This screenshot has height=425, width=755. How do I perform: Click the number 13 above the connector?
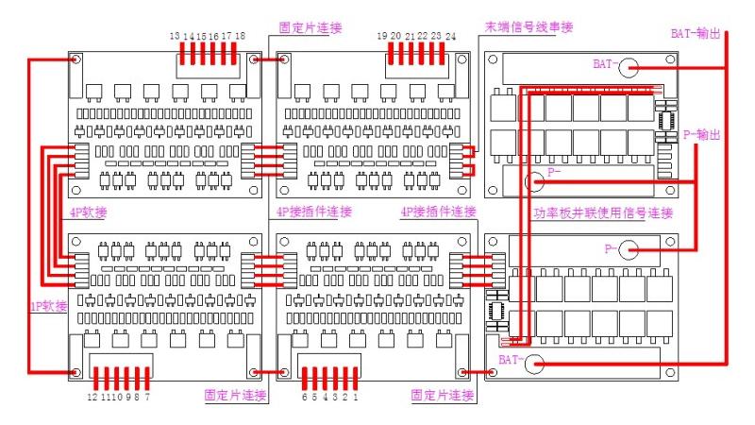(176, 35)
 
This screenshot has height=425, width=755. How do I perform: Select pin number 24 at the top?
(452, 35)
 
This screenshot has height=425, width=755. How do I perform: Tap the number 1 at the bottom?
(355, 398)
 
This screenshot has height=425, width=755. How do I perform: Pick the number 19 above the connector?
(382, 35)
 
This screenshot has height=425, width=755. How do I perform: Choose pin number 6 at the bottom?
(303, 398)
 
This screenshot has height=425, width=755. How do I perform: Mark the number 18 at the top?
(241, 35)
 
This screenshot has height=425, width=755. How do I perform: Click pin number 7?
(147, 398)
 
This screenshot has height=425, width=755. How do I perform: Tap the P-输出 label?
(702, 135)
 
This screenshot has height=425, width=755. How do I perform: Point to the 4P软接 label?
(88, 212)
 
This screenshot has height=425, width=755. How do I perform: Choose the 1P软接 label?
(47, 306)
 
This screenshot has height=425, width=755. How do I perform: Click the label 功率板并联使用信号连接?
(603, 213)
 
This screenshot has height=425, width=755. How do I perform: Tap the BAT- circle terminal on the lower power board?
(534, 363)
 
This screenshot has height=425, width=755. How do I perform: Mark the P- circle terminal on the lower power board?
(629, 250)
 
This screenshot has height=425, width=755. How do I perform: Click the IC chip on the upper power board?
(666, 121)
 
